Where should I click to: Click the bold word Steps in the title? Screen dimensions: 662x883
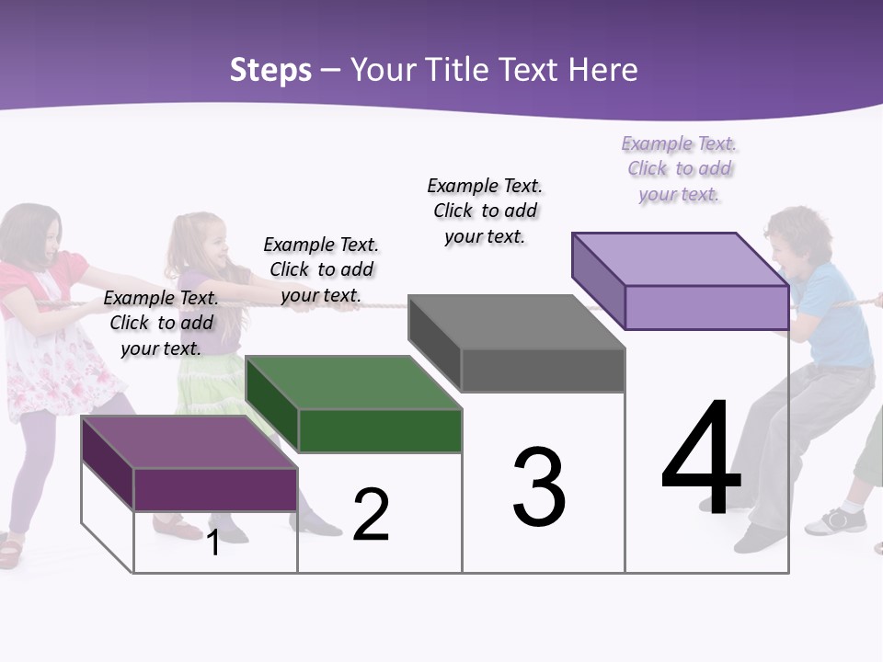[x=270, y=70]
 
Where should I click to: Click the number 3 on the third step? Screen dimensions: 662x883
[x=539, y=487]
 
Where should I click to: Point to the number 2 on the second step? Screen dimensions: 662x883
[x=371, y=515]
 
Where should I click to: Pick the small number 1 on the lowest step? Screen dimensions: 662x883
[x=213, y=542]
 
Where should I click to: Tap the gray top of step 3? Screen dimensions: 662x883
[x=516, y=323]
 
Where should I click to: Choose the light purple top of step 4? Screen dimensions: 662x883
[x=680, y=259]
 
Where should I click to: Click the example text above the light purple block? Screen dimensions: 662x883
[x=680, y=168]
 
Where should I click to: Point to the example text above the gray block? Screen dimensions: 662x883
[x=485, y=211]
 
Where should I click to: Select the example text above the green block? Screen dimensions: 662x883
[x=321, y=269]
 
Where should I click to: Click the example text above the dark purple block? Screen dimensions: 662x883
[x=161, y=323]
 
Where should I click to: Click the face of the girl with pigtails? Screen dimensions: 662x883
[x=211, y=245]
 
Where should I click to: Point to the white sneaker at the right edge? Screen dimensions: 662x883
[x=837, y=520]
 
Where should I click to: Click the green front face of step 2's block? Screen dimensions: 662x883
[x=380, y=430]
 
